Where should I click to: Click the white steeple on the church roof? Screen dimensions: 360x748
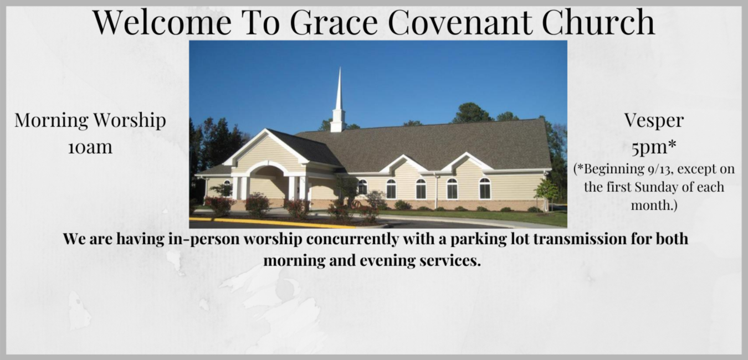(x=338, y=102)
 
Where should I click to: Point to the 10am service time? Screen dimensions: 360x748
(x=90, y=147)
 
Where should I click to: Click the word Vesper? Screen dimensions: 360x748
(x=654, y=120)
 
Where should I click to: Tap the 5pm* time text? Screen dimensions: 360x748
(x=654, y=147)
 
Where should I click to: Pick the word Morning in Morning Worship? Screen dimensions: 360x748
(x=51, y=120)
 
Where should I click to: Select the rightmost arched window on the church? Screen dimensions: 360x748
(x=485, y=188)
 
